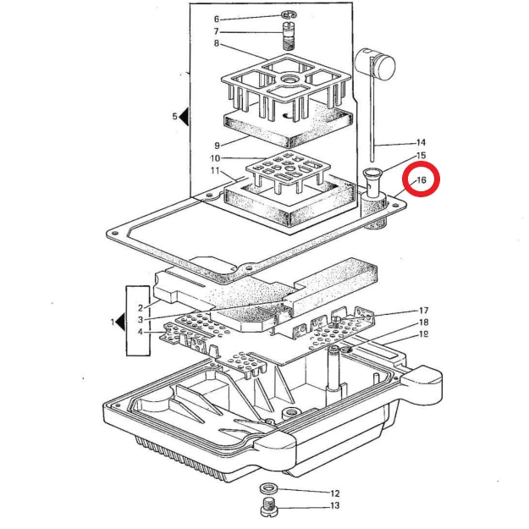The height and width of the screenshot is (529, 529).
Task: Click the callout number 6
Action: pos(216,19)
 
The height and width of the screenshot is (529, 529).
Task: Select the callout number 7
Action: pos(216,32)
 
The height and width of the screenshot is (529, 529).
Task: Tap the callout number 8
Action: pos(216,44)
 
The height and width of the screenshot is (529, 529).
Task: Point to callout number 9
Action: pos(216,145)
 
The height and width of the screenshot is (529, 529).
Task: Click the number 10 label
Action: pos(215,158)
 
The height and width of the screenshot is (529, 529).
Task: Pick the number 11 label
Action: pos(215,172)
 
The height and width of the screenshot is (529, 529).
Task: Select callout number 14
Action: pos(421,142)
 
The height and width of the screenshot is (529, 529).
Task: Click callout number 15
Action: pos(421,157)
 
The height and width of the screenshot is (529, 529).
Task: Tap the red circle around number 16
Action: pos(421,180)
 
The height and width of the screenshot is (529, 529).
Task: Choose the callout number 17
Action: pos(423,311)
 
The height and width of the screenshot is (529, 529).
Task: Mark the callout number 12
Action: pos(334,493)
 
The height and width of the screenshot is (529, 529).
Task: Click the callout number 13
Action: pos(334,506)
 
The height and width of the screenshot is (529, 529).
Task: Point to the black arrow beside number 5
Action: pos(184,117)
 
